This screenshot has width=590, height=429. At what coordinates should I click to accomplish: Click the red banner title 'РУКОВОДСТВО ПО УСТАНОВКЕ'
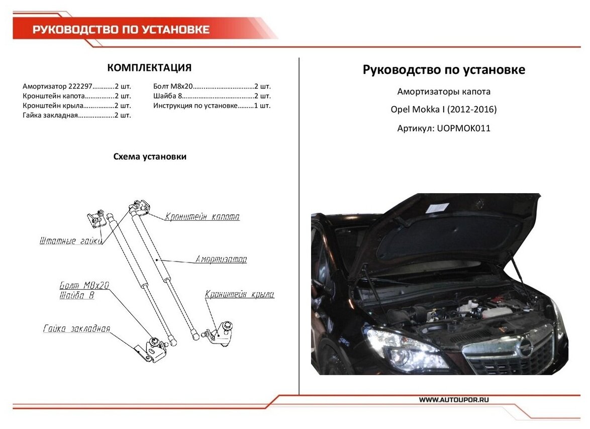[121, 30]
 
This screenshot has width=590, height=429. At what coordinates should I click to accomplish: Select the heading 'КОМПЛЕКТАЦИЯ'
[149, 68]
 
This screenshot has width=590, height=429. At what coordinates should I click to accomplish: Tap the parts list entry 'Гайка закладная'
[50, 115]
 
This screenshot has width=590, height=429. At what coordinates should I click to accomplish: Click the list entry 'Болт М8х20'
[173, 87]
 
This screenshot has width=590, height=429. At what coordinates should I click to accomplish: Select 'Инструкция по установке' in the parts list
[195, 106]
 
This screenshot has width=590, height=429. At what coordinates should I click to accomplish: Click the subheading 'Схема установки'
[150, 157]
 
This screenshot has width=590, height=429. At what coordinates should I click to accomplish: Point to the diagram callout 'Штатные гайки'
[71, 241]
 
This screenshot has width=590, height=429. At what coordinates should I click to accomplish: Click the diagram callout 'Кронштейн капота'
[202, 217]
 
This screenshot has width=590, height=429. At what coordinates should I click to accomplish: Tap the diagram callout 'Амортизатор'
[221, 260]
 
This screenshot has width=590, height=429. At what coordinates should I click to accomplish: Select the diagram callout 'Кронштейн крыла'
[240, 295]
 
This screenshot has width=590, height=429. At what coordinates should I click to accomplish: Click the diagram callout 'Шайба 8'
[77, 296]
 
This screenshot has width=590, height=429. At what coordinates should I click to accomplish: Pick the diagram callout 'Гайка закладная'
[76, 329]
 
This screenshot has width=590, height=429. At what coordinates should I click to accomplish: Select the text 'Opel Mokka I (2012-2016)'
[444, 110]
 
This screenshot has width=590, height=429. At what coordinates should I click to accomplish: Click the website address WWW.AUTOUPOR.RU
[454, 399]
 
